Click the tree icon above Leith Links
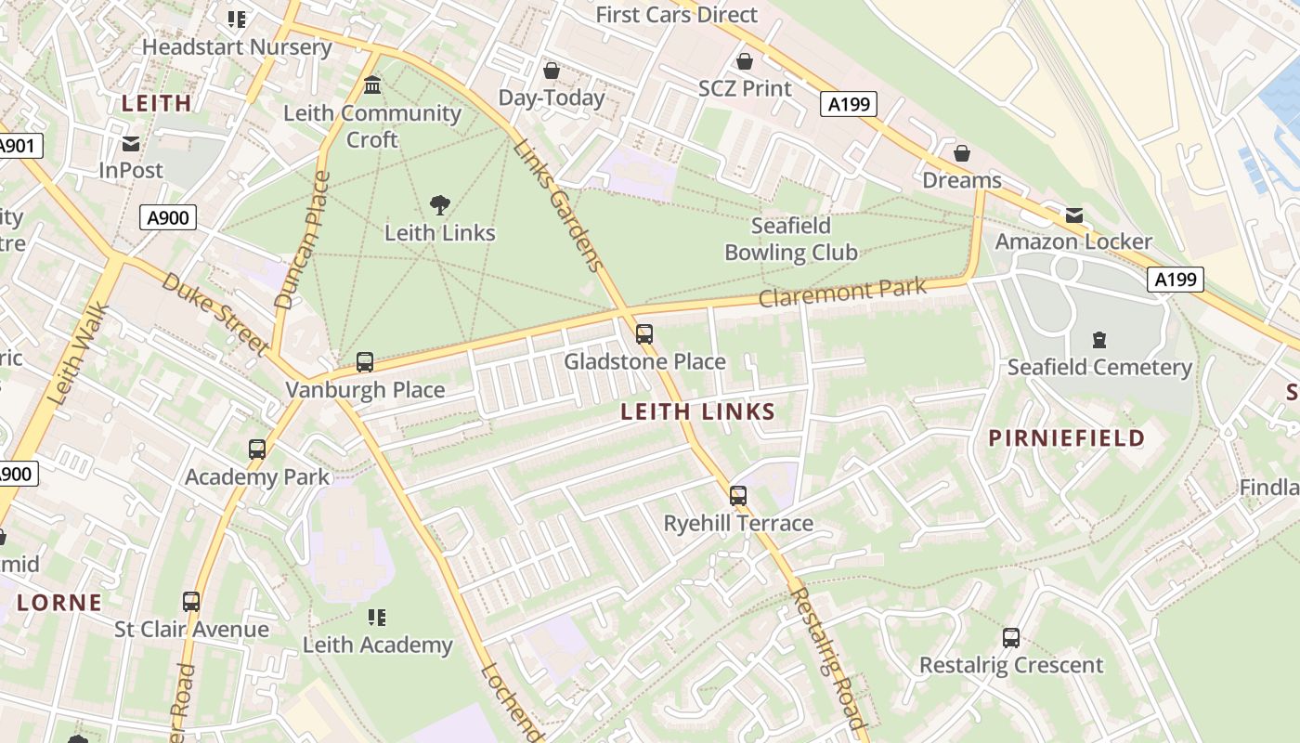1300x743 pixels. coord(440,205)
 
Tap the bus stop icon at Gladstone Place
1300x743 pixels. coord(644,334)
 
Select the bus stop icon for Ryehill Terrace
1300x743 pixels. coord(738,496)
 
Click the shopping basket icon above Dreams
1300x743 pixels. coord(962,153)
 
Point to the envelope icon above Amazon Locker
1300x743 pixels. coord(1074,215)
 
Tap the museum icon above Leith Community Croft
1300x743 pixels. coord(372,85)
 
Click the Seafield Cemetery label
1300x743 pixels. coord(1099,367)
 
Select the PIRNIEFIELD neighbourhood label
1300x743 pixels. coord(1066,438)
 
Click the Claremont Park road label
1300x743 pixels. coord(842,293)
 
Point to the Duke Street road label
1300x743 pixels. coord(215,313)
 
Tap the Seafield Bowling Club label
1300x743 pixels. coord(790,239)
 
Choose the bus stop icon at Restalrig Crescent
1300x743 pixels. coord(1011,638)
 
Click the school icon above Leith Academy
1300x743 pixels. coord(376,618)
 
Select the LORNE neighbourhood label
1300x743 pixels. coord(59,603)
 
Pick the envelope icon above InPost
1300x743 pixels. coord(131,144)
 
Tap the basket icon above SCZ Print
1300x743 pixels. coord(744,62)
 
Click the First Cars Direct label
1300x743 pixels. coord(676,15)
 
